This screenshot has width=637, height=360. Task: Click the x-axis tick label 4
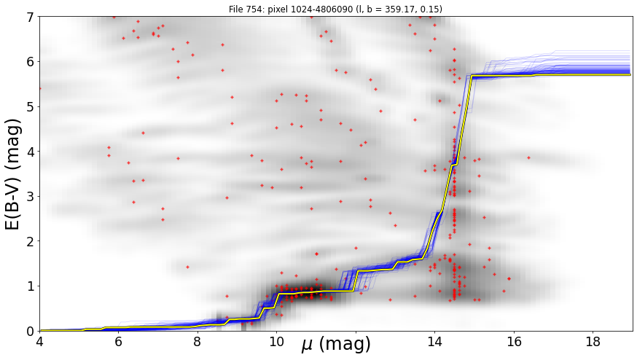tap(40, 342)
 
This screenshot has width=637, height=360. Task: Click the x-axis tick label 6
tap(118, 342)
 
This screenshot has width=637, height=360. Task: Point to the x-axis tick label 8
tap(198, 342)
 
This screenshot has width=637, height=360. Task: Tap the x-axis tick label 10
tap(277, 342)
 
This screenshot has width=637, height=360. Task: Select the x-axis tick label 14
tap(434, 342)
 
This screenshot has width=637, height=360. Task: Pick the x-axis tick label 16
tap(514, 342)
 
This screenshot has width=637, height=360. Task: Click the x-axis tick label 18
tap(593, 342)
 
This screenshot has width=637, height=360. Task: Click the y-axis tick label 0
tap(30, 332)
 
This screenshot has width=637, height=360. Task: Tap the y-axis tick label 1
tap(30, 286)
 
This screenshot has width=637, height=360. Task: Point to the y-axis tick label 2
tap(30, 241)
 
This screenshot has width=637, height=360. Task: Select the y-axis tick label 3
tap(30, 197)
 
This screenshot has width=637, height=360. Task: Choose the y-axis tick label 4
tap(30, 152)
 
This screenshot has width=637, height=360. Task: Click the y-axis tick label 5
tap(30, 107)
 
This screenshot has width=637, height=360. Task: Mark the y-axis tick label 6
tap(30, 62)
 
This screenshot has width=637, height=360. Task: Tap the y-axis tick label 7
tap(30, 17)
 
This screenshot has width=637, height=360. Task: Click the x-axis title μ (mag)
tap(336, 344)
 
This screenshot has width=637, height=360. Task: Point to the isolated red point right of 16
tap(528, 157)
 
